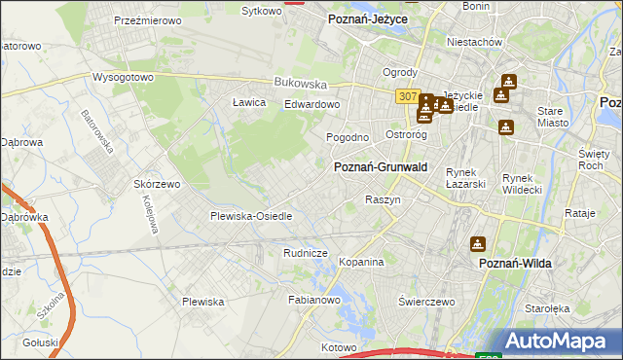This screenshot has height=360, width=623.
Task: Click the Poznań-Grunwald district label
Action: (x=381, y=167)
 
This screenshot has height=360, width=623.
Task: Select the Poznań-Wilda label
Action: (x=517, y=263)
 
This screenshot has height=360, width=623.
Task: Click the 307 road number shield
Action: (x=407, y=96)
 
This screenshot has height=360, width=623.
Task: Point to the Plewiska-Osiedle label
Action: (x=251, y=216)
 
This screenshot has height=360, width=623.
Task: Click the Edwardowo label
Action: (x=311, y=104)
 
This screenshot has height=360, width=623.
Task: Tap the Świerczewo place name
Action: (x=426, y=302)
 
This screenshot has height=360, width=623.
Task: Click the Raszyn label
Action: (x=383, y=198)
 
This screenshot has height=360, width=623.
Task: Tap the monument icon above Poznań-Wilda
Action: (x=479, y=243)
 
